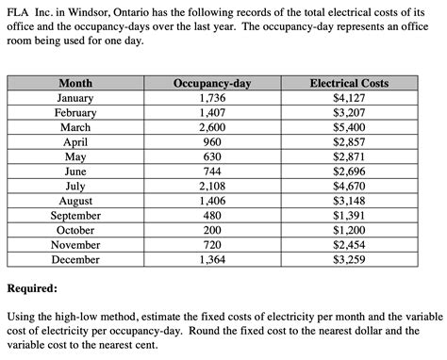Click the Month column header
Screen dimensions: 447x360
[74, 83]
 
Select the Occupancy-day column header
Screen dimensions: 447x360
[211, 83]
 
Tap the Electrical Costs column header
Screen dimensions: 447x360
[349, 83]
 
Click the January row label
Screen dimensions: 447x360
[74, 97]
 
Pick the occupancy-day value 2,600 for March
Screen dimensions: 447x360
[211, 127]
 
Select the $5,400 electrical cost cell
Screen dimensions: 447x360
[349, 127]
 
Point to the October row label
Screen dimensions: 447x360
[74, 230]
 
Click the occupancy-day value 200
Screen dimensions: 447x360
[211, 230]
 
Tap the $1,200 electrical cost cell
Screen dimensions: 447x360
[349, 230]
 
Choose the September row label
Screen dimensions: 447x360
[74, 215]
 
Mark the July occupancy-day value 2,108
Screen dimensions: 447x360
[211, 186]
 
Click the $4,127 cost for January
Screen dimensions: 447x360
[349, 97]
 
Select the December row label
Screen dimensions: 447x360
[74, 259]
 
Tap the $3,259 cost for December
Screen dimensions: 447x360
[349, 259]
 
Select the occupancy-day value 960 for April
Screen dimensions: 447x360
[211, 141]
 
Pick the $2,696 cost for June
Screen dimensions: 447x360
[349, 172]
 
